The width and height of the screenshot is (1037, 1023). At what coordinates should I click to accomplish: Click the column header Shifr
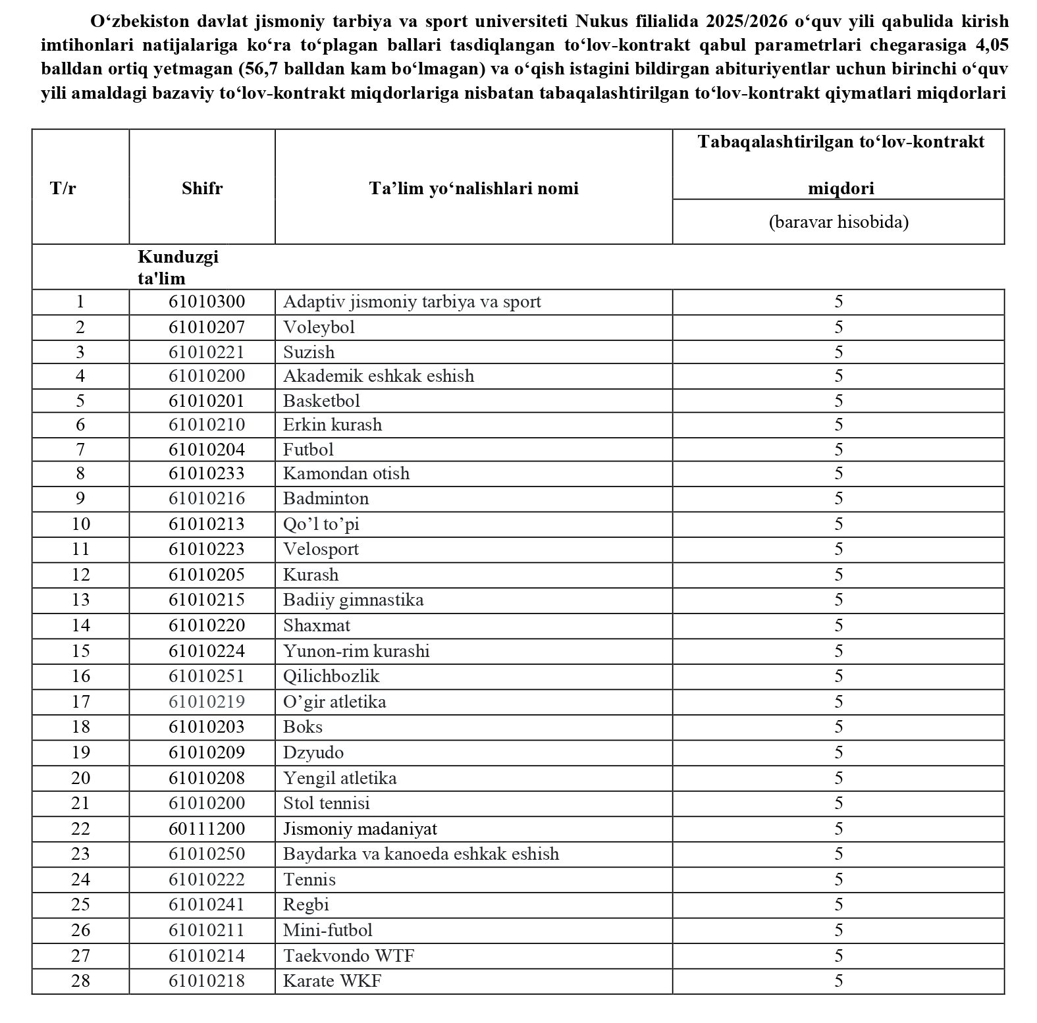(x=202, y=188)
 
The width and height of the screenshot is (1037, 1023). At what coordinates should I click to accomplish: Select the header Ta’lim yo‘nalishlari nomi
(x=473, y=188)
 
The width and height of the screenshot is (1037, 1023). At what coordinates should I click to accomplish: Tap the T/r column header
(x=63, y=188)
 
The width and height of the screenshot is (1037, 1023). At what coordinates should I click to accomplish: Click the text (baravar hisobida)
(x=838, y=221)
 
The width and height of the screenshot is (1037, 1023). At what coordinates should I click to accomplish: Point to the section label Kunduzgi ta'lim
(x=178, y=267)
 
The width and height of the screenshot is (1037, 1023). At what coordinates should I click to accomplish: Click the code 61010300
(x=207, y=302)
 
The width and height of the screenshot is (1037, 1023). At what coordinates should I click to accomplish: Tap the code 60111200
(x=207, y=828)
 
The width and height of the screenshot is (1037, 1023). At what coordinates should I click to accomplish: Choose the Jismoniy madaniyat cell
(x=360, y=828)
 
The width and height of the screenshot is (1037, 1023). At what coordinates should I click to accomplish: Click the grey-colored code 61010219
(x=207, y=701)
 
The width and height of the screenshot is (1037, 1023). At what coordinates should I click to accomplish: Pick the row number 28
(x=80, y=980)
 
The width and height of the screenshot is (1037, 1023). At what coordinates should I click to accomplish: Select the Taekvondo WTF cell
(x=348, y=955)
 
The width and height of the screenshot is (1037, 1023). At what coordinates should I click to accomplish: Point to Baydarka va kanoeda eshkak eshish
(x=421, y=854)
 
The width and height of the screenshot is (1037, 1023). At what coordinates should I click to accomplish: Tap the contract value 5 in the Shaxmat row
(x=838, y=625)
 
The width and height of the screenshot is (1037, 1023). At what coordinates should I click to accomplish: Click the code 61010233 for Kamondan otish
(x=207, y=473)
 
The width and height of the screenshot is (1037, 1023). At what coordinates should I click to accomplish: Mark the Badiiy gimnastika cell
(x=353, y=600)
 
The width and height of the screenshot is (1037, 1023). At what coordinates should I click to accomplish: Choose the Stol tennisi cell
(x=326, y=803)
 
